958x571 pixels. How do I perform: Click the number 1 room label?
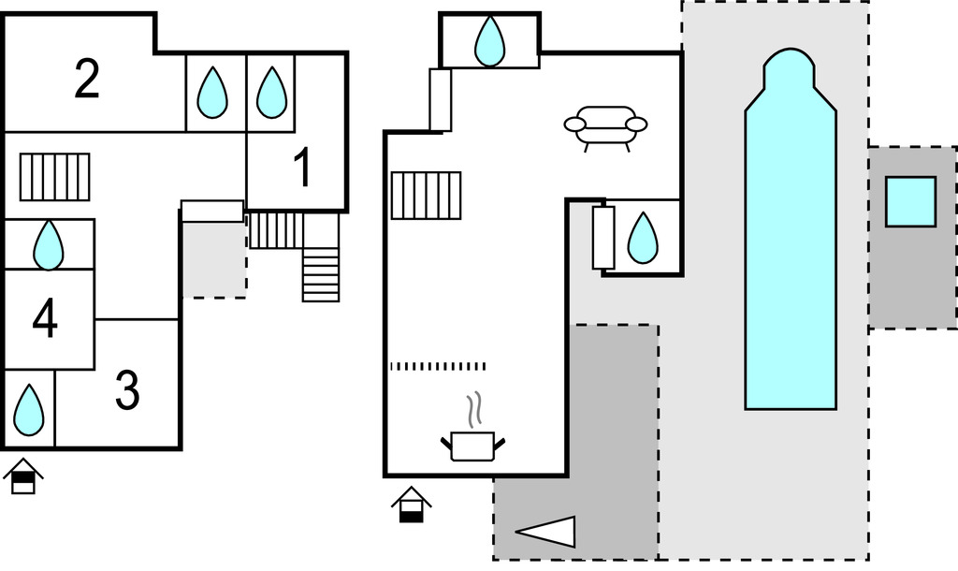pyautogui.click(x=301, y=169)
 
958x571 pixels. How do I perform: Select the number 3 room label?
pyautogui.click(x=127, y=390)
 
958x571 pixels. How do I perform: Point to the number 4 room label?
pyautogui.click(x=45, y=319)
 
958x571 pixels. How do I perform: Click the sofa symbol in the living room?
pyautogui.click(x=605, y=126)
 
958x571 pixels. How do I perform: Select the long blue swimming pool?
pyautogui.click(x=790, y=243)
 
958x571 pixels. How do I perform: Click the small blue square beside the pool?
pyautogui.click(x=910, y=201)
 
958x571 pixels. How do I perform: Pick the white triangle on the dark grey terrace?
pyautogui.click(x=548, y=532)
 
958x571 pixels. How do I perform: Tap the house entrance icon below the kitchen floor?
pyautogui.click(x=411, y=505)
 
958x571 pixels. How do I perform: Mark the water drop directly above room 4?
pyautogui.click(x=49, y=245)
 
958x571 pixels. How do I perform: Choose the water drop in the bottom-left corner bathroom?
pyautogui.click(x=29, y=410)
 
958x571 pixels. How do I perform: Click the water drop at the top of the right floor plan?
pyautogui.click(x=489, y=41)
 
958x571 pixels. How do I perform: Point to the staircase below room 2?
pyautogui.click(x=55, y=177)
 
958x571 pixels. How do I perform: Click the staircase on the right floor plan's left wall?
pyautogui.click(x=426, y=195)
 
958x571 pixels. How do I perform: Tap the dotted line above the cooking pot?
pyautogui.click(x=438, y=366)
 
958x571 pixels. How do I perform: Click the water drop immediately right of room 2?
pyautogui.click(x=213, y=92)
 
